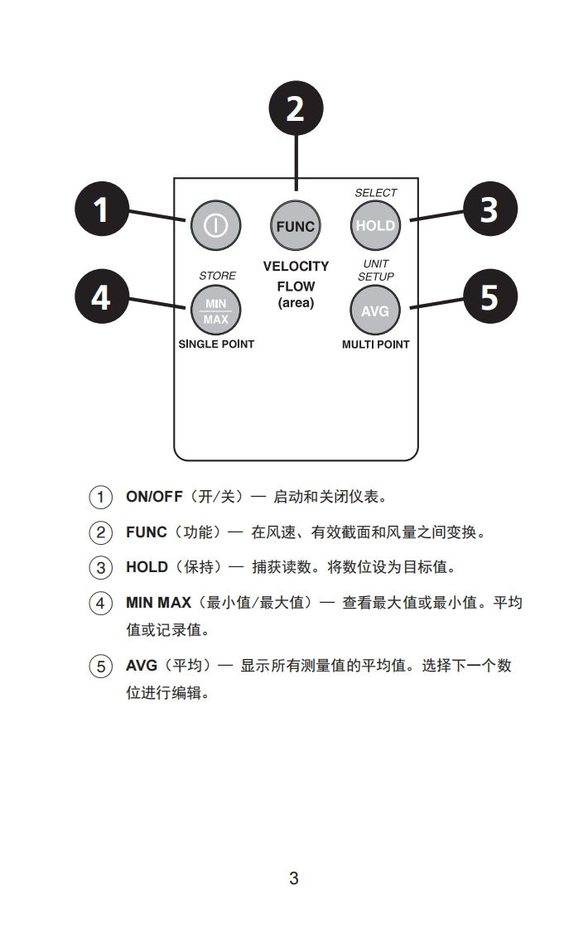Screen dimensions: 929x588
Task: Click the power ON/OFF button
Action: point(215,225)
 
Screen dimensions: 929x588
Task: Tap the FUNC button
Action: point(296,225)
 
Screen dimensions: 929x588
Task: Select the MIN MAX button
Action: point(215,311)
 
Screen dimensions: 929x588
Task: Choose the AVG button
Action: point(375,311)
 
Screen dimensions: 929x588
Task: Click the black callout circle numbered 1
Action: point(101,209)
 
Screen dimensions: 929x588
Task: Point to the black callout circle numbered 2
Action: point(296,108)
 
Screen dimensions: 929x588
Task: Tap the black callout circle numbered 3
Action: point(489,209)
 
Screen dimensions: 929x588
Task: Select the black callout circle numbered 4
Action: point(101,296)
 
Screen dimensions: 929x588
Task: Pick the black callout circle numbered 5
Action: point(489,296)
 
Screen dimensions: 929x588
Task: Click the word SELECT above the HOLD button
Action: point(376,193)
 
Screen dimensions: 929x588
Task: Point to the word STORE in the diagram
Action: point(217,276)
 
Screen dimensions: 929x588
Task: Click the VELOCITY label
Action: point(296,267)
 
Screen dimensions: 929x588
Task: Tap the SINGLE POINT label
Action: point(216,344)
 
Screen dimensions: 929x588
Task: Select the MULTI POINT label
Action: point(376,344)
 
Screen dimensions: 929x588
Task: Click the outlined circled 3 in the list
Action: point(101,568)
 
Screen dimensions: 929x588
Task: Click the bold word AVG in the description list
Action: point(141,666)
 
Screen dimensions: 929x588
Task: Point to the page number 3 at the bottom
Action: point(294,878)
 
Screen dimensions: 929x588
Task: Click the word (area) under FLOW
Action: point(296,303)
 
